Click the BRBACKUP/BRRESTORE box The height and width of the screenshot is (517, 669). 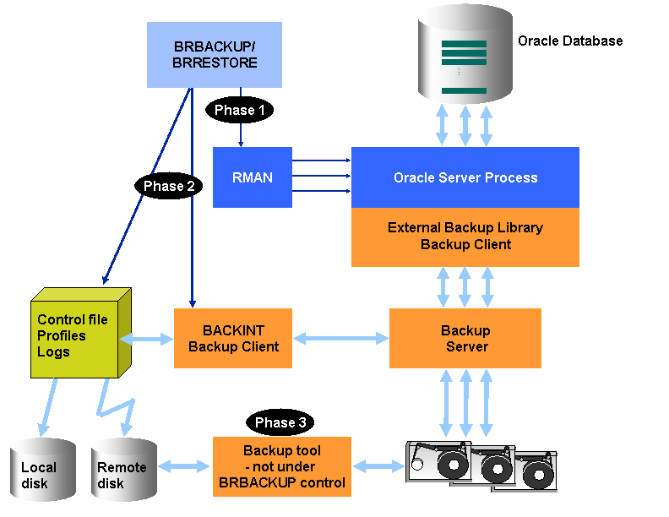point(215,55)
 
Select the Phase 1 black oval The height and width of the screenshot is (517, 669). point(240,110)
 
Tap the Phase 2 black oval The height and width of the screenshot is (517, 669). point(169,186)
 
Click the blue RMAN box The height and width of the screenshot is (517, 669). point(253,177)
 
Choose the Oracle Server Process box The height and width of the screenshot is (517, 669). point(465,177)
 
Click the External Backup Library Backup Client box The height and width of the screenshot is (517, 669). point(465,237)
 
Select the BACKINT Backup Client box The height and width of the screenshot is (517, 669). point(233,338)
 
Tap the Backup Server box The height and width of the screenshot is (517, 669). point(465,338)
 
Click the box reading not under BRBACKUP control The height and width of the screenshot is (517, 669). point(281,466)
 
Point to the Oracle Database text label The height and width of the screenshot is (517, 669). point(570,41)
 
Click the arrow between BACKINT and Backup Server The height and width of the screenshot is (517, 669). point(340,339)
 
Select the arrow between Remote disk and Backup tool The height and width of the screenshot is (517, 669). point(184,465)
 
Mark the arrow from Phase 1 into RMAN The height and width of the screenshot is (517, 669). point(241,135)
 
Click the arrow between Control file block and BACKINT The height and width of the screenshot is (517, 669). point(148,339)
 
